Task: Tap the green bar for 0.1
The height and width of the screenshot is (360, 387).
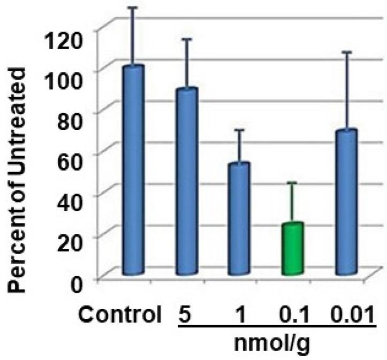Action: pos(293,248)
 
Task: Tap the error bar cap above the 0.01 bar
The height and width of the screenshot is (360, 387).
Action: pos(346,52)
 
